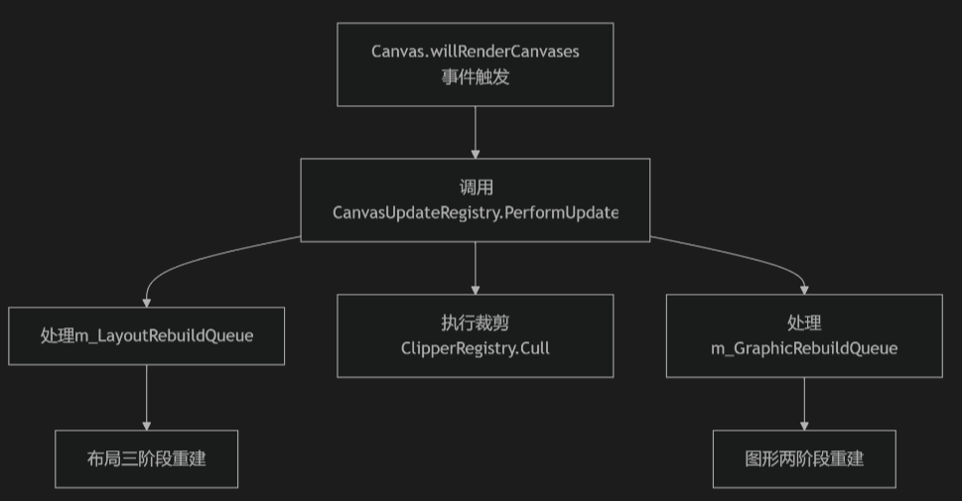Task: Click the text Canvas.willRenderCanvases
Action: [475, 52]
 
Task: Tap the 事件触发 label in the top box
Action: [475, 76]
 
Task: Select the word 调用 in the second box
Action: [475, 188]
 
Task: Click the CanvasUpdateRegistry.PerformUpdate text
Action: [475, 212]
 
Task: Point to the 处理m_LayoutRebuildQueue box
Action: [147, 335]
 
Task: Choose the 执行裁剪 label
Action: [475, 322]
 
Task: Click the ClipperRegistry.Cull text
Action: [475, 348]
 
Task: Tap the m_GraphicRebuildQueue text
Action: [804, 348]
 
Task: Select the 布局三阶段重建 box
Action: [147, 459]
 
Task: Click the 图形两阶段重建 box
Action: [804, 459]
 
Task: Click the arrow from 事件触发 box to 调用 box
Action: [475, 131]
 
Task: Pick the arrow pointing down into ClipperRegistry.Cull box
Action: [475, 266]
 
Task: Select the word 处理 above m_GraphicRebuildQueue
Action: [804, 322]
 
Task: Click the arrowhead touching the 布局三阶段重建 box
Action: [147, 425]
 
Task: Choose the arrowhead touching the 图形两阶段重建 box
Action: [804, 425]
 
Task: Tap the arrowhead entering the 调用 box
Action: [475, 154]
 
